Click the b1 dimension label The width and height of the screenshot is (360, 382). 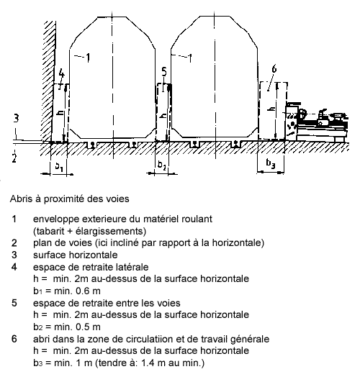click(x=59, y=167)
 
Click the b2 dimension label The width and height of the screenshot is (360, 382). click(x=162, y=165)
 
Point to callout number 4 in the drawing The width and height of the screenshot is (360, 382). click(x=62, y=73)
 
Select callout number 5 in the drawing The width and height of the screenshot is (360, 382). click(x=164, y=72)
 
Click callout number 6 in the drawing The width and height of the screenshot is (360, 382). click(x=274, y=69)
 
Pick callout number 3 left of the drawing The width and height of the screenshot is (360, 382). click(x=16, y=119)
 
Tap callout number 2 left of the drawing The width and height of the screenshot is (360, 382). click(x=14, y=158)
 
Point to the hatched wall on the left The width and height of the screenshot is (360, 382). click(x=50, y=81)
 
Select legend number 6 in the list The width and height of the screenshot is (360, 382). click(x=14, y=339)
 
